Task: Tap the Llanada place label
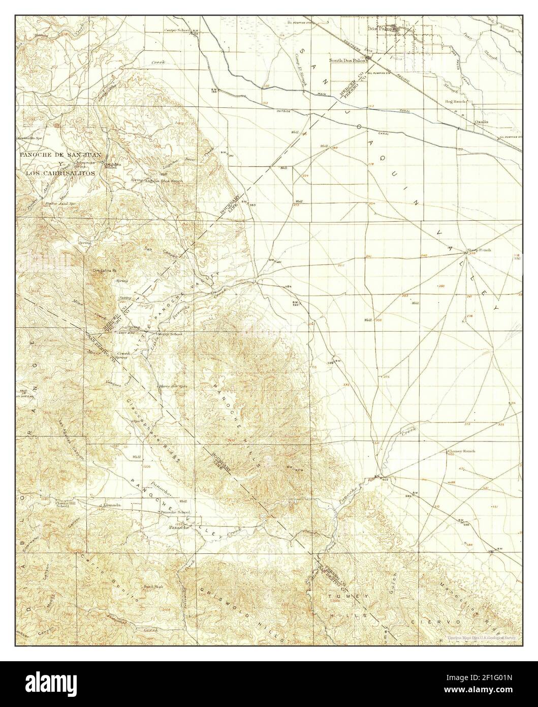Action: [x=111, y=505]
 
